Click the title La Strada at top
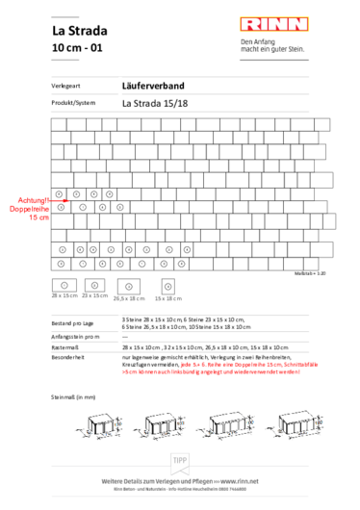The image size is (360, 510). [x=78, y=29]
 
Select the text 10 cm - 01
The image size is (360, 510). [x=77, y=47]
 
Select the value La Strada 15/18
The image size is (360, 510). [x=156, y=102]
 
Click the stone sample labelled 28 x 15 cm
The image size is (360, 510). [x=64, y=285]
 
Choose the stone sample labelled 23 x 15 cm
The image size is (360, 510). [x=94, y=285]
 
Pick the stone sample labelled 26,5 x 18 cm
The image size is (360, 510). [x=128, y=286]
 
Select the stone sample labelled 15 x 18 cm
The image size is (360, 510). [x=168, y=286]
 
